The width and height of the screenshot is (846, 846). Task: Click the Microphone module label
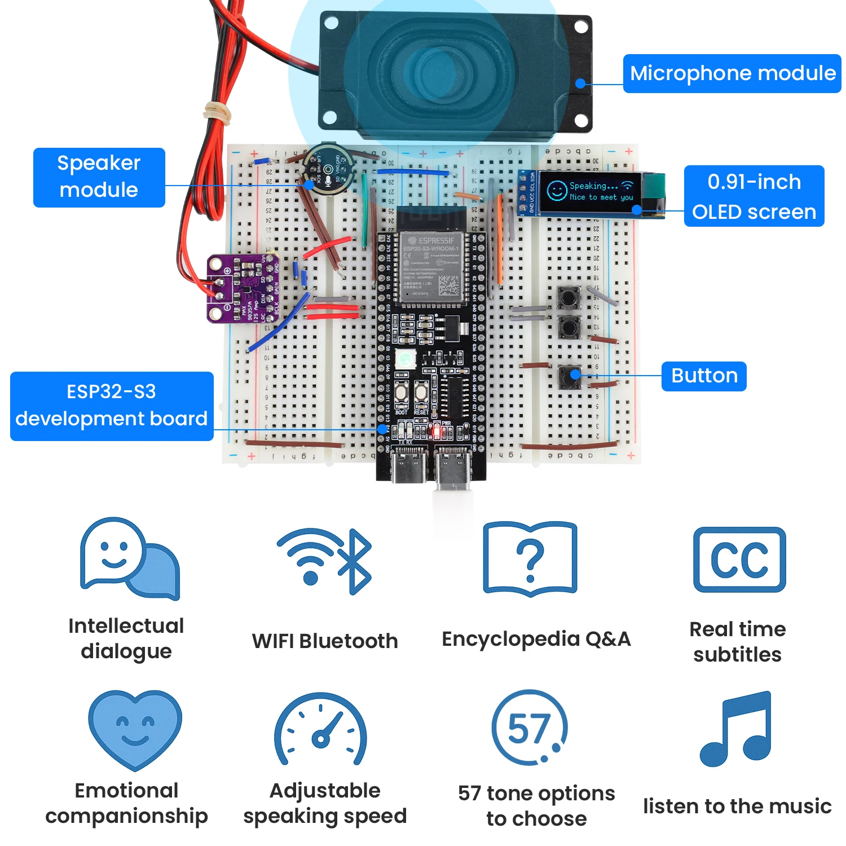click(x=732, y=73)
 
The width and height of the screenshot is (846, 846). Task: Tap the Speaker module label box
click(x=99, y=177)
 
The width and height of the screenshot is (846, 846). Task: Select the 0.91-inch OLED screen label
click(x=754, y=196)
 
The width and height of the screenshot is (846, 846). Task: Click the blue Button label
click(x=703, y=376)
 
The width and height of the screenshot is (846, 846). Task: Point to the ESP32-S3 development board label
click(x=112, y=406)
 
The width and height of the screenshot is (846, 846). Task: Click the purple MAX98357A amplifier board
click(x=243, y=288)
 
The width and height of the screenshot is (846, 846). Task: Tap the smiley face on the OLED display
click(x=556, y=190)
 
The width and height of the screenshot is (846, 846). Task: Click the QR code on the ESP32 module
click(x=449, y=285)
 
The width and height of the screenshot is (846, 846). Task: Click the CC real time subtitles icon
click(x=739, y=559)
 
